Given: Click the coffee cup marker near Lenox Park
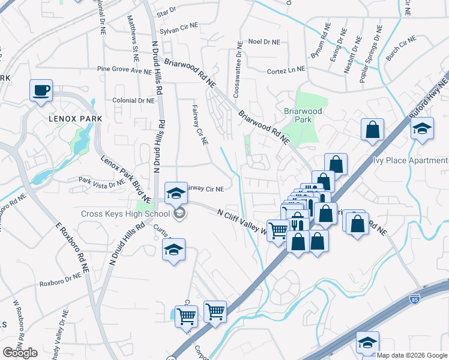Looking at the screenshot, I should (x=41, y=91).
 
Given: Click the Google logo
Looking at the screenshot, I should (x=20, y=353).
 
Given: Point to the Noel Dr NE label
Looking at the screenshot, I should (x=264, y=42).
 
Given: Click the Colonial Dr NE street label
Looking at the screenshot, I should (x=133, y=101).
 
